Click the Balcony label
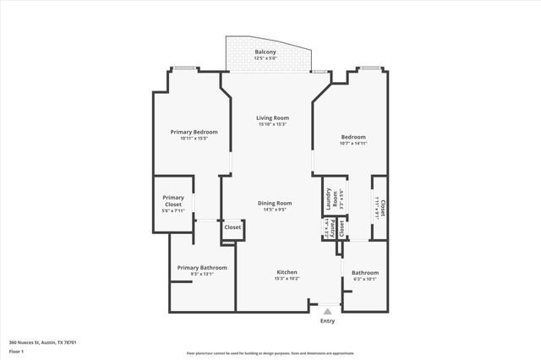[265, 52]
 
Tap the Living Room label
[274, 117]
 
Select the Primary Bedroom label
[194, 132]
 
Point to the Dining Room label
[275, 203]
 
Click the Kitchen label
[287, 272]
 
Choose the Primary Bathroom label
[202, 267]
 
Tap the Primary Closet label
[173, 200]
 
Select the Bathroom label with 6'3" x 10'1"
[365, 273]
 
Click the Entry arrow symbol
[327, 311]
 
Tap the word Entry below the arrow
[327, 321]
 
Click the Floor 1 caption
[15, 350]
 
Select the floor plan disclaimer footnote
[270, 353]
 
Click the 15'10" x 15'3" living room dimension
[274, 124]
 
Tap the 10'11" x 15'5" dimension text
[194, 139]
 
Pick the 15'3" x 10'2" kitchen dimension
[287, 279]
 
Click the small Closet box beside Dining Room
[232, 227]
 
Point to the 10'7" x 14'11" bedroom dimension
[353, 144]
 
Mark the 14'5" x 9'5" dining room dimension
[275, 210]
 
